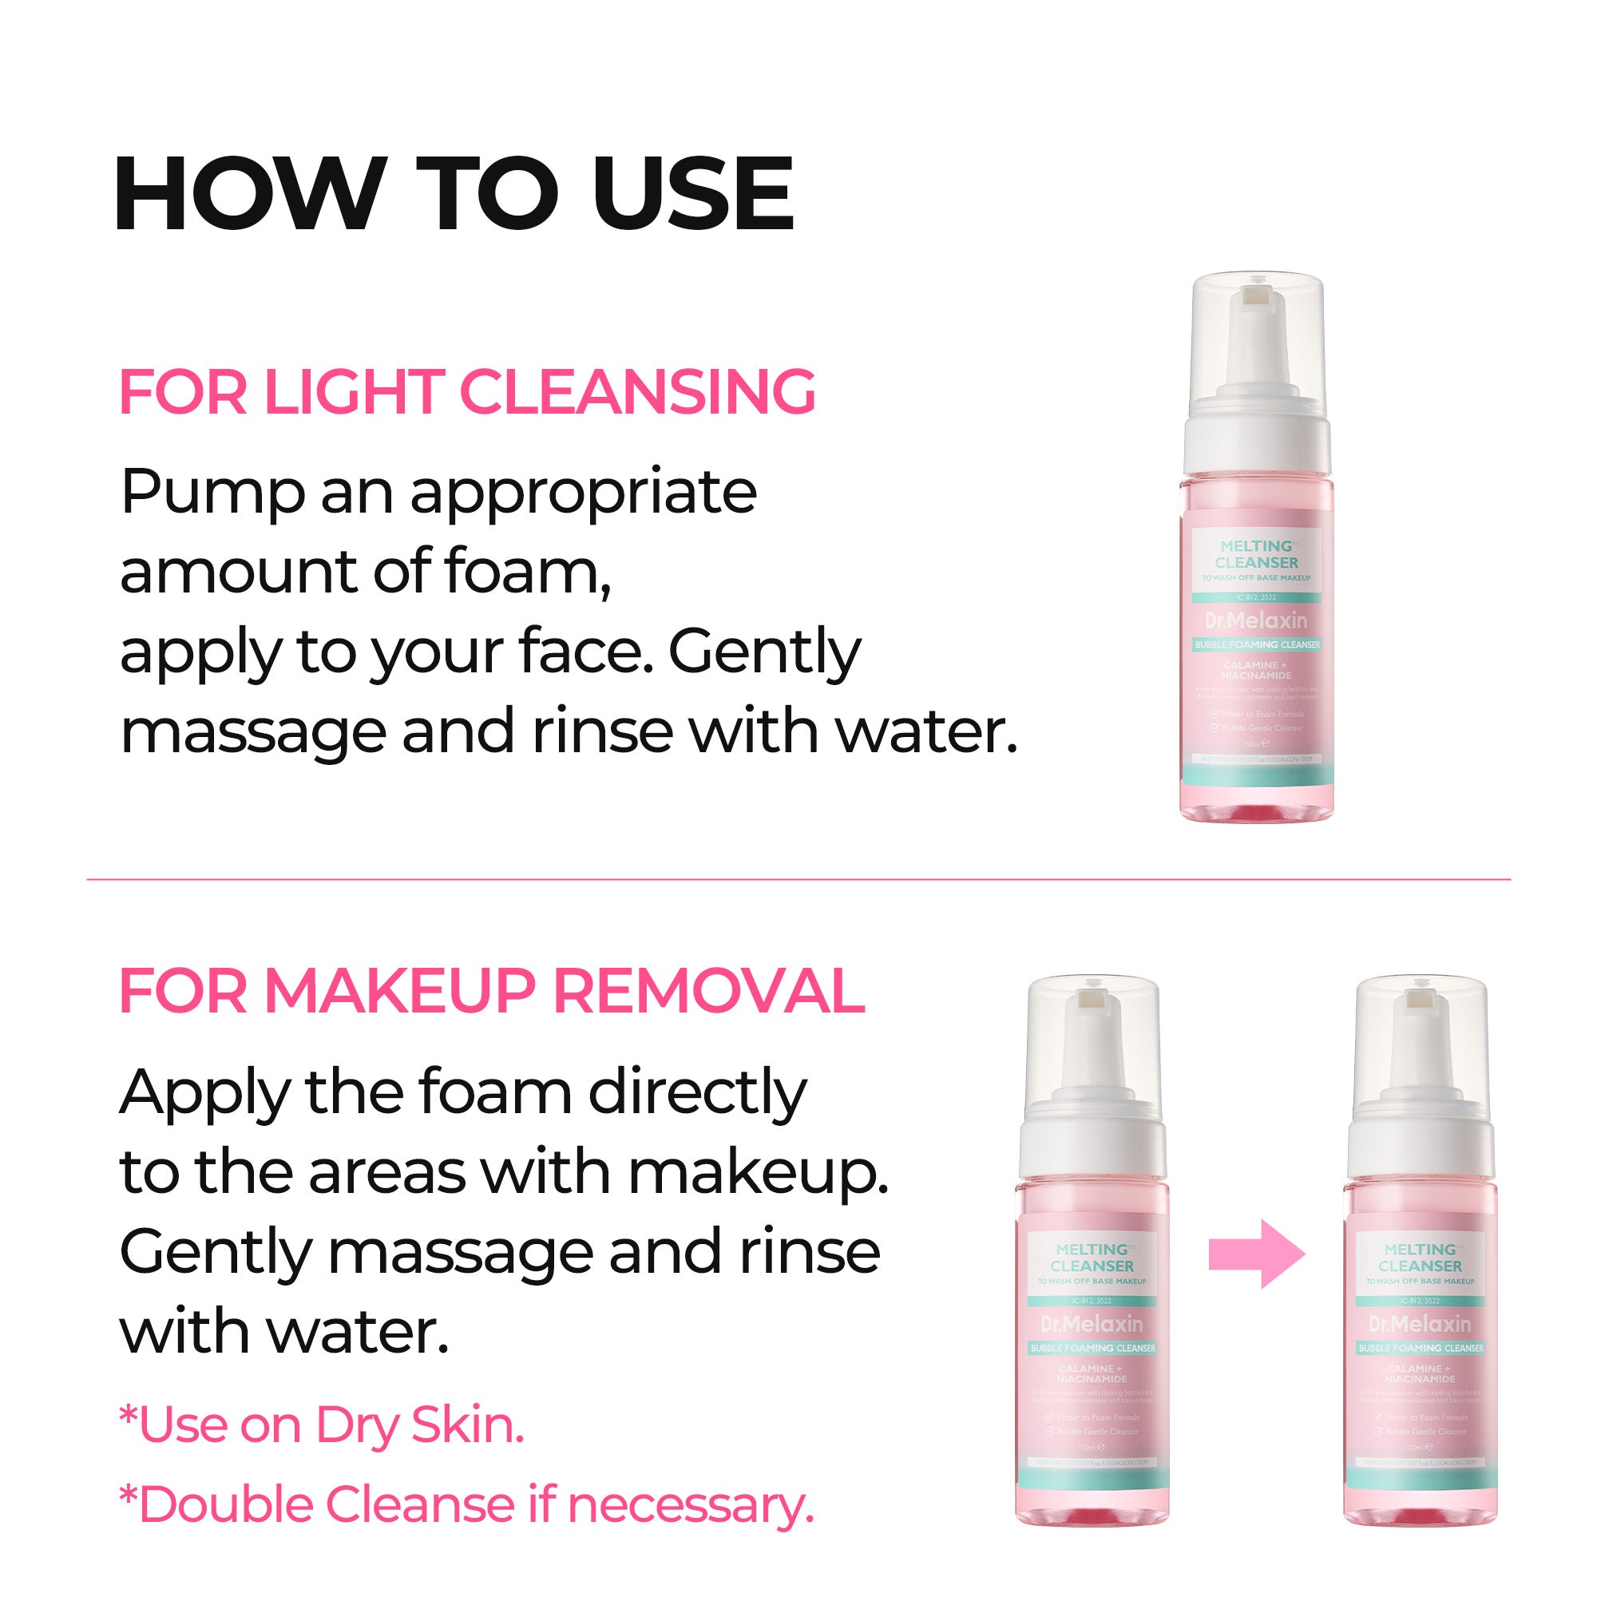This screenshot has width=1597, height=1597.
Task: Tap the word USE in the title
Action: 692,193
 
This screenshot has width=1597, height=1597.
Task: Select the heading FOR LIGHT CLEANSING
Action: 468,392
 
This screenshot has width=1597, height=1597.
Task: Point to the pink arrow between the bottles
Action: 1255,1254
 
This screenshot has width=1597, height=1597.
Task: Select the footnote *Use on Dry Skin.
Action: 323,1426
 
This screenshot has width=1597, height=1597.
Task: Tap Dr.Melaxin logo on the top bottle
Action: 1255,620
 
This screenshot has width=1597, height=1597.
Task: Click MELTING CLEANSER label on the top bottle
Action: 1255,554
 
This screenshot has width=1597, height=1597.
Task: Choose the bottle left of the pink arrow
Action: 1092,1265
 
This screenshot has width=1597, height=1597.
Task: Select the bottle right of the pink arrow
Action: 1419,1265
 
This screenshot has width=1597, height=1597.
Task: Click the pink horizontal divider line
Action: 798,879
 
